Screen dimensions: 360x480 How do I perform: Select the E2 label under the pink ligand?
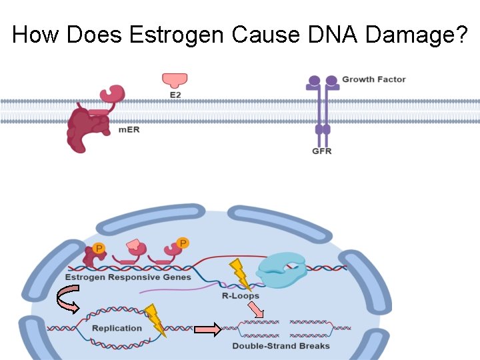click(175, 95)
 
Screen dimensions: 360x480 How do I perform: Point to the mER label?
click(129, 129)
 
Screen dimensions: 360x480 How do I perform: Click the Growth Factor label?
click(373, 79)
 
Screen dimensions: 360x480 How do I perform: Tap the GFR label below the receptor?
click(321, 151)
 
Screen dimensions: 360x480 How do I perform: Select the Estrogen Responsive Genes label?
click(128, 277)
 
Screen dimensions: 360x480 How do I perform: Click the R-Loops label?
click(240, 295)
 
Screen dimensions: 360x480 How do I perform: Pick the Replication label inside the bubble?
click(117, 328)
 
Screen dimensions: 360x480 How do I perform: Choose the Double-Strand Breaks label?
click(281, 346)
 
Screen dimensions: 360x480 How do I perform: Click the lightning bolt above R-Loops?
click(239, 273)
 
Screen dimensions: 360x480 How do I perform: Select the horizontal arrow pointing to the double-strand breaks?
click(207, 329)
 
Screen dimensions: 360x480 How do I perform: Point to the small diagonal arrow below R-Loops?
click(255, 309)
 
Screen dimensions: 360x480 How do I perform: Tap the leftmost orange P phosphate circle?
click(99, 249)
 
